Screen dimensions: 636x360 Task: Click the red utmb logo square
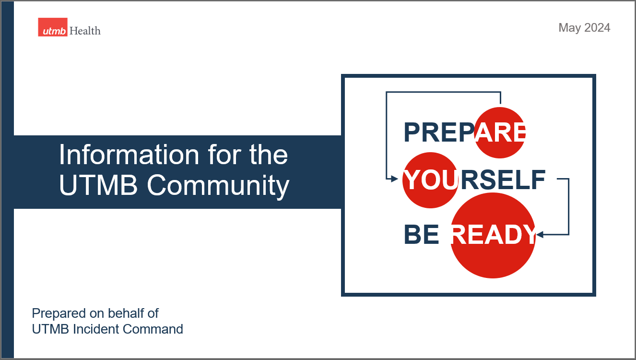(53, 27)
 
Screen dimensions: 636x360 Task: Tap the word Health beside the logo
(85, 31)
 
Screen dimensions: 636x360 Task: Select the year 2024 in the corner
(597, 27)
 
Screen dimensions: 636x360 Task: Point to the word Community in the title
(218, 186)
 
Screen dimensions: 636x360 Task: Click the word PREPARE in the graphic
(464, 132)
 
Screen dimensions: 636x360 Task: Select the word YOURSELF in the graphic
(474, 180)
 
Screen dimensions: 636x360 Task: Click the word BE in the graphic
(421, 234)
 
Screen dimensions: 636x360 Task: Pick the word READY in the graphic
(494, 234)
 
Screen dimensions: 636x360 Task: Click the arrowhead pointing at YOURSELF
(395, 179)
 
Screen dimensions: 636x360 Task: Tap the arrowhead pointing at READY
(540, 234)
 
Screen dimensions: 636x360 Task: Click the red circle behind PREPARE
(500, 132)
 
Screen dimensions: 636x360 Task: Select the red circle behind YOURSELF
(430, 180)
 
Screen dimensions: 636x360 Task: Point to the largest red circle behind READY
(493, 235)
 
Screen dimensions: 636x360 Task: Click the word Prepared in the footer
(59, 314)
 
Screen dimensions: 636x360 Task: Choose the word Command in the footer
(153, 329)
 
